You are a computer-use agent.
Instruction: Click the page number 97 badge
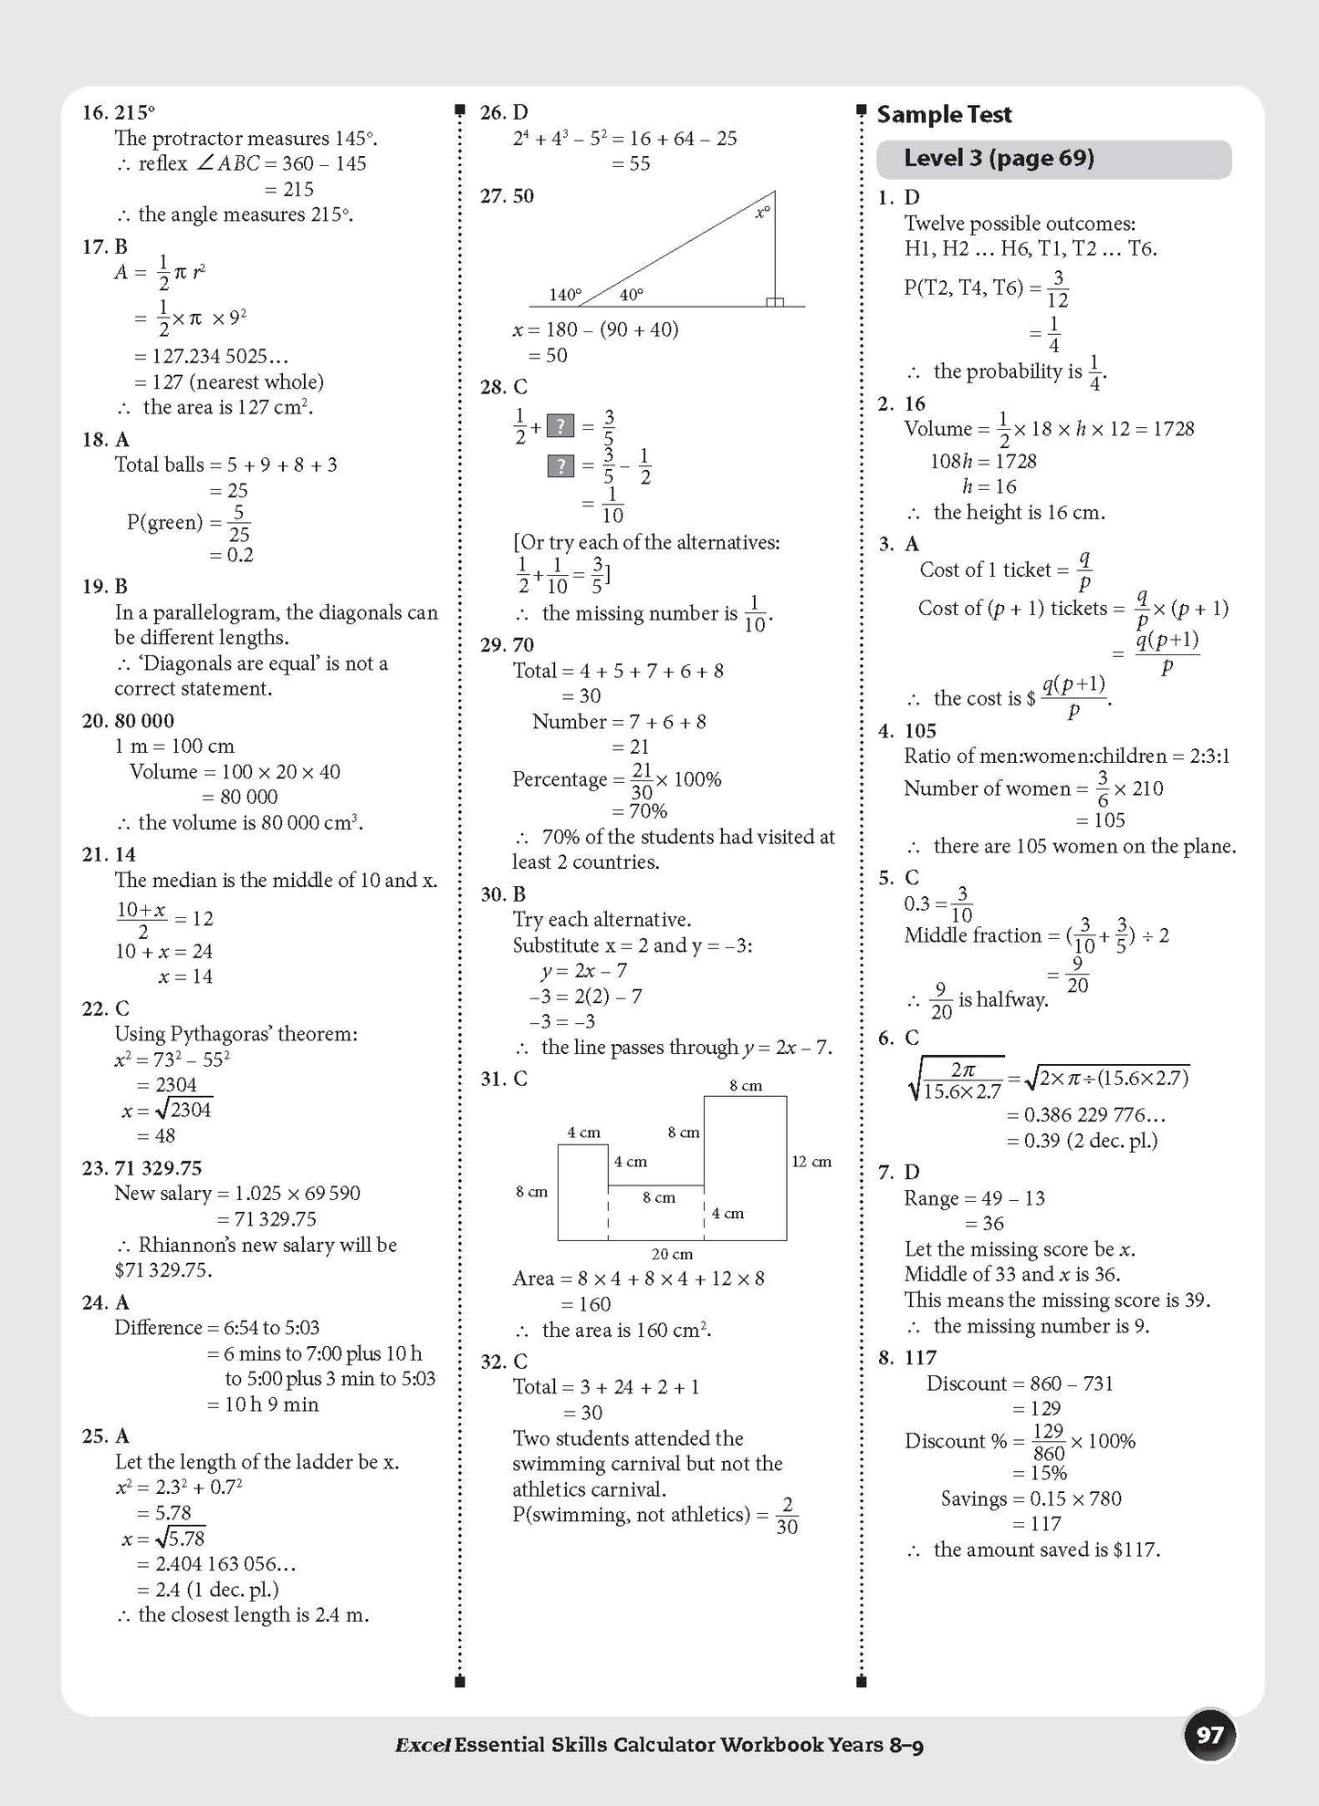1209,1735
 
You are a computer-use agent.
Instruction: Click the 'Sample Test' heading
944,115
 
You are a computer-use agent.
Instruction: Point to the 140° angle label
565,295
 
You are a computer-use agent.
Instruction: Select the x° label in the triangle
762,212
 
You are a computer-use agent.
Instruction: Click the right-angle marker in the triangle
774,301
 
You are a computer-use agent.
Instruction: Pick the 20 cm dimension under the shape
672,1254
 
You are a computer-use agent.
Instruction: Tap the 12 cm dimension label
811,1162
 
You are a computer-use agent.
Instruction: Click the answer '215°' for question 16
134,113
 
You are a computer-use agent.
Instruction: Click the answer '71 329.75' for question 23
158,1168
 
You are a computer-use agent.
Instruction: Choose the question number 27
493,196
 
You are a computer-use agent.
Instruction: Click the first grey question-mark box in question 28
560,426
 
